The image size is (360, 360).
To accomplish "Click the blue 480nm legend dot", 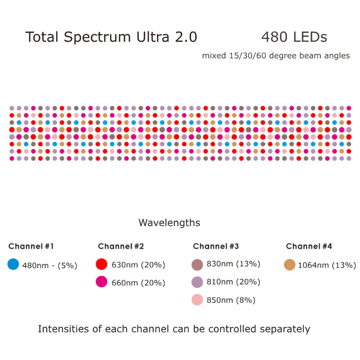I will (13, 265).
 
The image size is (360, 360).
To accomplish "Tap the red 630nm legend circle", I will (102, 264).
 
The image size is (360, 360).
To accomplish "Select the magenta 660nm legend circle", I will (102, 282).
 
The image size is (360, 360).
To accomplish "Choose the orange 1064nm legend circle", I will (290, 265).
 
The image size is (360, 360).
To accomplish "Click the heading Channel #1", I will (31, 246).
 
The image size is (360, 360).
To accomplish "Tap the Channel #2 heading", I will (121, 246).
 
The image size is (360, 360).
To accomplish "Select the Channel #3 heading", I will (216, 246).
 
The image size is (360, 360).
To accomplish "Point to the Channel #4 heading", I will (309, 246).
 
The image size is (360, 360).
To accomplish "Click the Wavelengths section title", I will (169, 223).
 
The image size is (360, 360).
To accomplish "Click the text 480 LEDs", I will (294, 37).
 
